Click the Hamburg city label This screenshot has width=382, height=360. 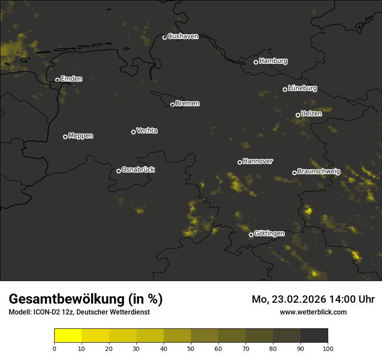pyautogui.click(x=273, y=61)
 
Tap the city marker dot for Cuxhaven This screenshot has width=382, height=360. pyautogui.click(x=165, y=37)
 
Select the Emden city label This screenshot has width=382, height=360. pyautogui.click(x=71, y=79)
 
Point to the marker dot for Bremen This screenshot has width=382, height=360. pyautogui.click(x=172, y=105)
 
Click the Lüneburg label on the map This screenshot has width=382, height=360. pyautogui.click(x=302, y=88)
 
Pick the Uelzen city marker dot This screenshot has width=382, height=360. pyautogui.click(x=298, y=115)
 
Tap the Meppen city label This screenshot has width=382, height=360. pyautogui.click(x=81, y=136)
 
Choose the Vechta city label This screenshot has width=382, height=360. pyautogui.click(x=147, y=131)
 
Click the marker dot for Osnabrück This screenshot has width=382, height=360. pyautogui.click(x=119, y=171)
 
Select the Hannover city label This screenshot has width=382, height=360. pyautogui.click(x=258, y=161)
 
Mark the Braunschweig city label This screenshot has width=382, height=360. pyautogui.click(x=319, y=172)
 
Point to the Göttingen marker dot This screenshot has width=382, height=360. pyautogui.click(x=251, y=235)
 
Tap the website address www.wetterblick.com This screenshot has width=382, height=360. pyautogui.click(x=313, y=312)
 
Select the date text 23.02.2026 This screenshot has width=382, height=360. pyautogui.click(x=300, y=299)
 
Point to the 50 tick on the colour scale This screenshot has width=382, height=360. pyautogui.click(x=191, y=348)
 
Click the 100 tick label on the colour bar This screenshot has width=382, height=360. pyautogui.click(x=328, y=348)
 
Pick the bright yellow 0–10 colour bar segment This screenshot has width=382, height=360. pyautogui.click(x=68, y=336)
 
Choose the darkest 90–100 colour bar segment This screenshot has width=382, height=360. pyautogui.click(x=314, y=336)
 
